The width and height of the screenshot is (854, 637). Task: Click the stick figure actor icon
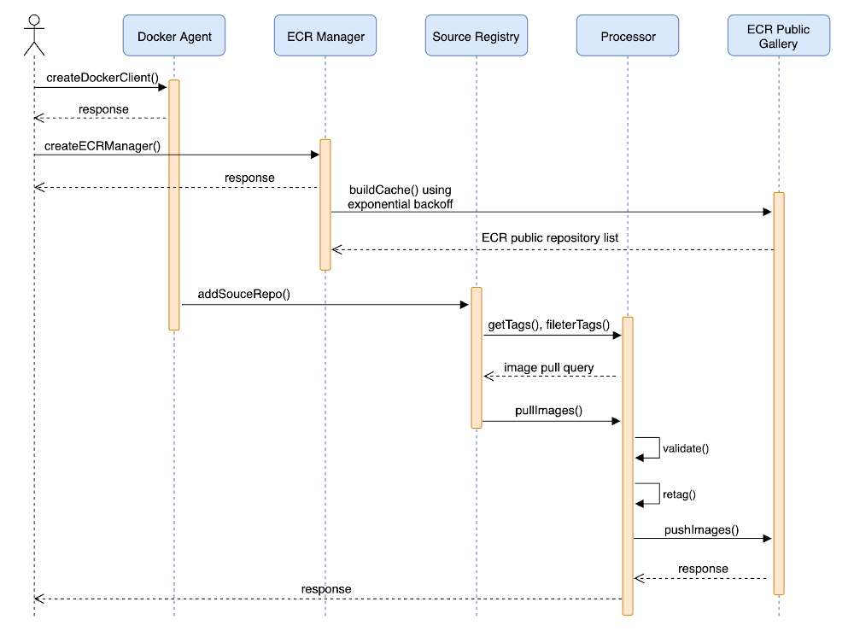pos(34,35)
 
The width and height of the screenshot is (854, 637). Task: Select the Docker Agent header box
pos(174,36)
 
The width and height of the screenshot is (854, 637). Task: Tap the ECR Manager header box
pos(325,36)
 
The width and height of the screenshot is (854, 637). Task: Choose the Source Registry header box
pos(476,36)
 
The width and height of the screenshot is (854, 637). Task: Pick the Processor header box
pos(628,36)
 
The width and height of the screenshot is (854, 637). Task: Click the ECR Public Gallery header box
pos(778,36)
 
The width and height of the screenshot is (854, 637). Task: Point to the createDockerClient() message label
pos(102,78)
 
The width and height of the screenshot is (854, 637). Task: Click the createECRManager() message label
pos(102,145)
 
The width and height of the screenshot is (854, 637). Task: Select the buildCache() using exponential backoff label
pos(399,196)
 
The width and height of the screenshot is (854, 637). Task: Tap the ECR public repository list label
pos(550,237)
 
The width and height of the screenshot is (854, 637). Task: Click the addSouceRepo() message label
pos(244,295)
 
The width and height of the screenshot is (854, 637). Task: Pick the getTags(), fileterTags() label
pos(548,324)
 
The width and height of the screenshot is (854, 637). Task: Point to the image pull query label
pos(548,367)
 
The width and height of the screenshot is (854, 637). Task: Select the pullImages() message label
pos(548,410)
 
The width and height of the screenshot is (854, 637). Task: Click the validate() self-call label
pos(686,448)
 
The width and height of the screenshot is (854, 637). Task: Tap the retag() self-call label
pos(679,494)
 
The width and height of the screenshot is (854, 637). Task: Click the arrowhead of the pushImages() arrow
pos(767,539)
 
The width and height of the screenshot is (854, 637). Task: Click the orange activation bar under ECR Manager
pos(325,205)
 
